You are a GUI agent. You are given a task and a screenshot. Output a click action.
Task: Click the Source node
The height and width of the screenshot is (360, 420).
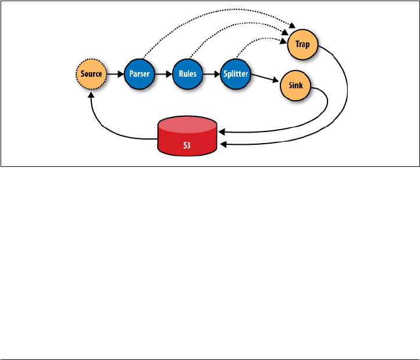(91, 74)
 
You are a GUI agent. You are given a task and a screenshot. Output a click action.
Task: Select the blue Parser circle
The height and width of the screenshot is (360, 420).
(140, 74)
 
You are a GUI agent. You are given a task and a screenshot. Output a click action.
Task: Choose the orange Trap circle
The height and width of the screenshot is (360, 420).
(302, 44)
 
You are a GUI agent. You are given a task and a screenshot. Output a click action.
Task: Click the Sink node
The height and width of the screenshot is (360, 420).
(296, 86)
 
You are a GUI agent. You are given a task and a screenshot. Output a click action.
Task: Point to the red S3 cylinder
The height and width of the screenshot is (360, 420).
(188, 139)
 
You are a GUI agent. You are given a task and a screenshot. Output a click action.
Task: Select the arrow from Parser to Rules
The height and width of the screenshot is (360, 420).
(164, 74)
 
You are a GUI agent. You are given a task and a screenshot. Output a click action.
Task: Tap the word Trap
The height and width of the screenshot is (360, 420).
(302, 44)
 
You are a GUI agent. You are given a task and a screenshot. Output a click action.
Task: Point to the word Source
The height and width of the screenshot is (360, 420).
(91, 74)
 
